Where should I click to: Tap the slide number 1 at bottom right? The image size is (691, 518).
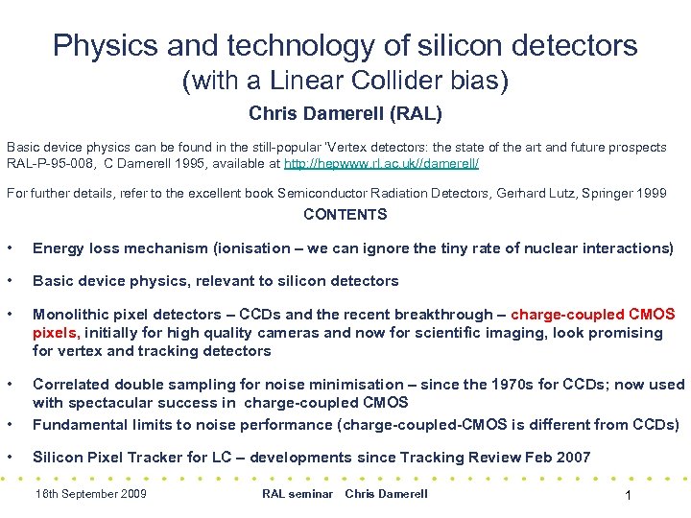[x=626, y=495]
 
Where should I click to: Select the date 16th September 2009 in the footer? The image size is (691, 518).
[x=90, y=494]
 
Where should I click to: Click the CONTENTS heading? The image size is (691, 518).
[x=345, y=215]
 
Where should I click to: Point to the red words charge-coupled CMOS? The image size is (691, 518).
[x=593, y=315]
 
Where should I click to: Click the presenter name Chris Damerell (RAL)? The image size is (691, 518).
[x=345, y=114]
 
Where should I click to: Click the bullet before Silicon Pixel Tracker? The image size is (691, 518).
[x=11, y=457]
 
